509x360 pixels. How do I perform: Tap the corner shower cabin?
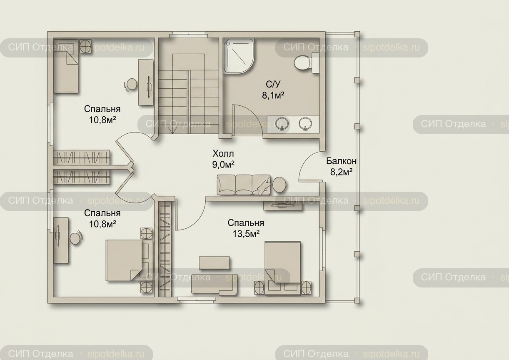239,56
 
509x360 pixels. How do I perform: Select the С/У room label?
273,84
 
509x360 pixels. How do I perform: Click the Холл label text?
223,154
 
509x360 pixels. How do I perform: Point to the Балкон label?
341,161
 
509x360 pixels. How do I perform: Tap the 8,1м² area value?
273,95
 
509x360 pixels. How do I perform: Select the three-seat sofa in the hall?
244,185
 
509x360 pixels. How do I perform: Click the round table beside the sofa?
279,185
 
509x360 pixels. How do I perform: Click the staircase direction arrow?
173,130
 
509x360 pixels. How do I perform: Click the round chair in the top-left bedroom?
131,85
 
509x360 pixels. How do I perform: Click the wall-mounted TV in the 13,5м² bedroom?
283,206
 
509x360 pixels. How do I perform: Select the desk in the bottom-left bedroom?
61,240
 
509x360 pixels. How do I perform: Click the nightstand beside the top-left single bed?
85,46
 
